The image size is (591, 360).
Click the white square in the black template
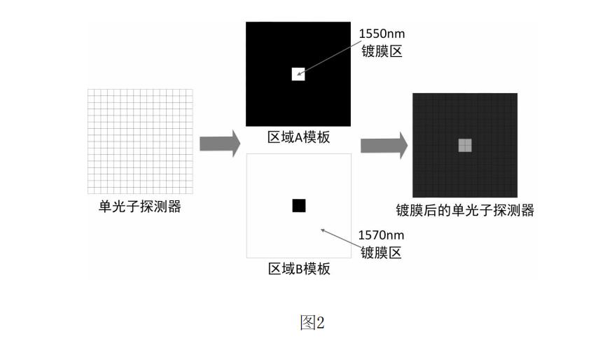[x=298, y=74]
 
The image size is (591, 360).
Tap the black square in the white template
[x=299, y=205]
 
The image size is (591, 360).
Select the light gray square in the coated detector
[x=465, y=145]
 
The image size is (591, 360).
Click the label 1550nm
[x=382, y=34]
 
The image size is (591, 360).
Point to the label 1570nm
[x=381, y=235]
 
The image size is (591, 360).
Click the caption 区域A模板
[x=298, y=137]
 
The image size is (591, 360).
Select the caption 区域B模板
[x=299, y=269]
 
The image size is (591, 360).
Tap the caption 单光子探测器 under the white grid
[x=140, y=206]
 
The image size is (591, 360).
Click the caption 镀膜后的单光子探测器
[x=465, y=210]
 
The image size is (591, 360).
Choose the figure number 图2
[x=312, y=323]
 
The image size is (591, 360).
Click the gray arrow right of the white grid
[x=220, y=144]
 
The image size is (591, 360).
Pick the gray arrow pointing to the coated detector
[x=384, y=146]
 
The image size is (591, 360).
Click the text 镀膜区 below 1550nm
[x=382, y=51]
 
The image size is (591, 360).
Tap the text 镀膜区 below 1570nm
[x=381, y=252]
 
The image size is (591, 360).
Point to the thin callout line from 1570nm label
[x=341, y=237]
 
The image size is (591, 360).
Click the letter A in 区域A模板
[x=298, y=137]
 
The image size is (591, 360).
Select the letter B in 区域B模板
[x=299, y=269]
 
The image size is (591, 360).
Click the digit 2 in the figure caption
[x=320, y=323]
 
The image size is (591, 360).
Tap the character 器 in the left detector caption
[x=174, y=206]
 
